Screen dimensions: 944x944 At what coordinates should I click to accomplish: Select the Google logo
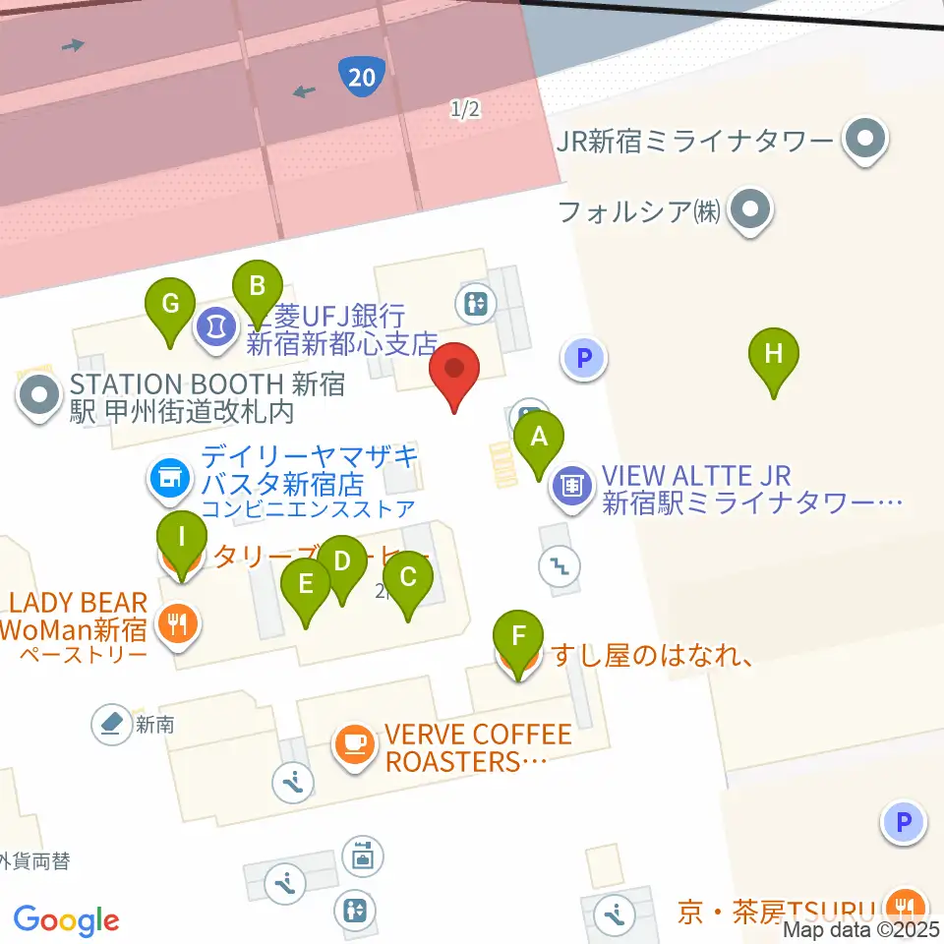click(67, 920)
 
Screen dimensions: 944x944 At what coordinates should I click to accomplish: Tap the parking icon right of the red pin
click(585, 358)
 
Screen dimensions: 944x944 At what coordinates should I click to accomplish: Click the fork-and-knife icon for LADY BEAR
click(178, 623)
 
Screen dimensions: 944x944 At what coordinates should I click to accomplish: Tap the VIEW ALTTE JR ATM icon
click(573, 485)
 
